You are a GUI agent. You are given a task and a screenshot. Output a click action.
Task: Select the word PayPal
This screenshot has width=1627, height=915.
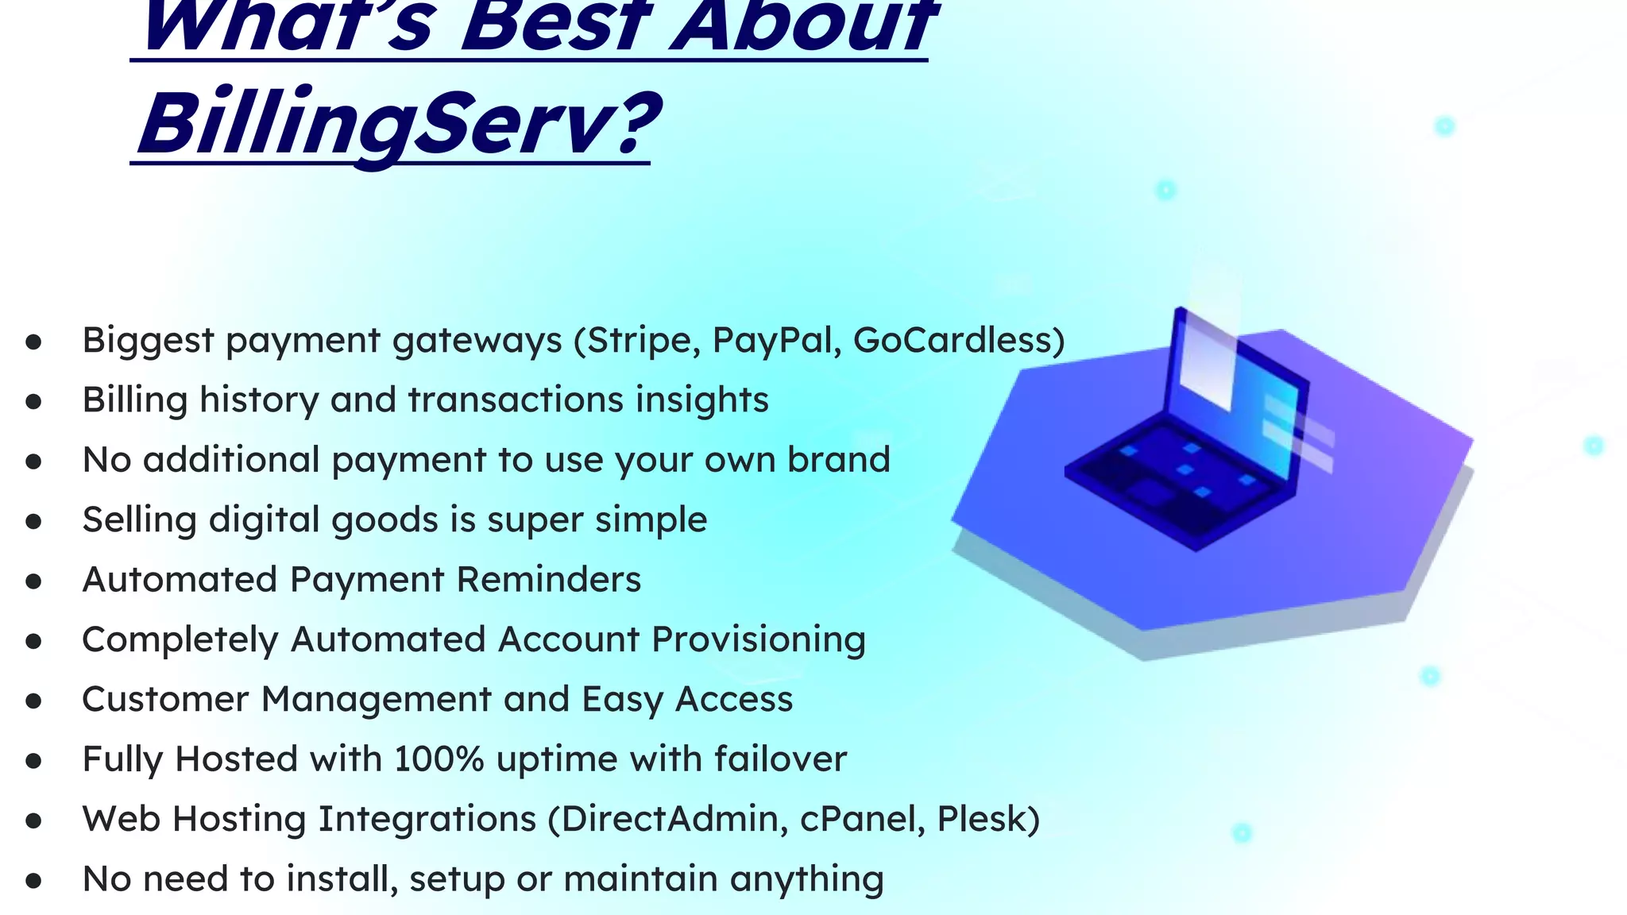click(776, 341)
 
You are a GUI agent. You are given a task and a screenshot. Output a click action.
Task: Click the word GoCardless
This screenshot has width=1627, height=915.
click(952, 341)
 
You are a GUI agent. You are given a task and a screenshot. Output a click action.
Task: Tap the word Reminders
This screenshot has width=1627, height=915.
click(549, 580)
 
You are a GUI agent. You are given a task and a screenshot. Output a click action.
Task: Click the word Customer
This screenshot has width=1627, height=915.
click(165, 700)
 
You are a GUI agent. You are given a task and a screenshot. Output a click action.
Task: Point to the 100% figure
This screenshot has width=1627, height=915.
click(439, 759)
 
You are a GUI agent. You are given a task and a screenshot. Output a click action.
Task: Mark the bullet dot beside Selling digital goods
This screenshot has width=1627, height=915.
click(33, 522)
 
